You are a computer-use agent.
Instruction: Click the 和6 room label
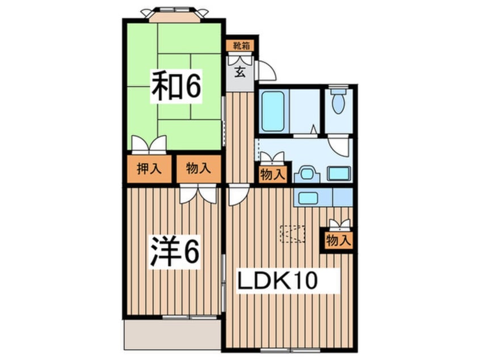176,86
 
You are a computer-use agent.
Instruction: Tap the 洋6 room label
175,252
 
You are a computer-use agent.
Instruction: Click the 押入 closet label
149,169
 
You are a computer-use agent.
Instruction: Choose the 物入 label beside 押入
198,169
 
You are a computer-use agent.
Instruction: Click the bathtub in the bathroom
274,111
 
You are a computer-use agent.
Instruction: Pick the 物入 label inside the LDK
339,240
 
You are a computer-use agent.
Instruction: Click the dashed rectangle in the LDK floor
293,234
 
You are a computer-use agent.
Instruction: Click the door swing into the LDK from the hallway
238,194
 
